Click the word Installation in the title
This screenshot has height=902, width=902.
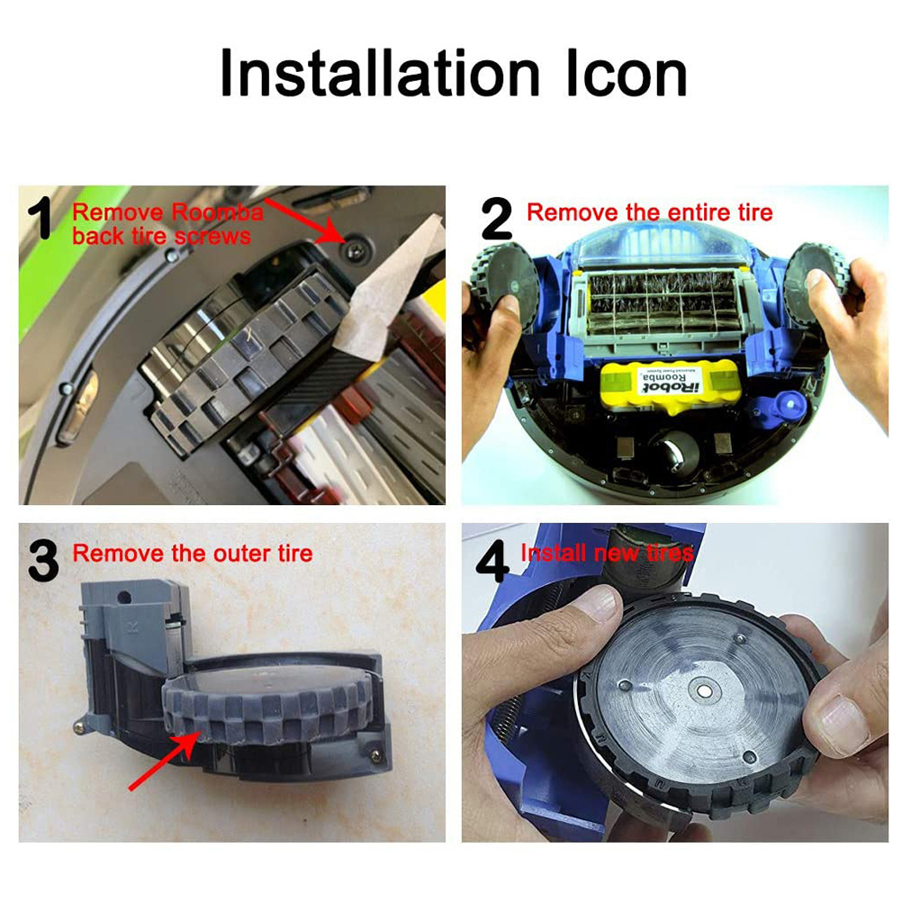pos(380,73)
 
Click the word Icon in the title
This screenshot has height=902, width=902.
pos(627,73)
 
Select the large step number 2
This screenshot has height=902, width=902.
pos(496,218)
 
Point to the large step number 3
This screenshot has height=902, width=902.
pos(43,560)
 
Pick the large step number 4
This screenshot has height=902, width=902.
pos(493,561)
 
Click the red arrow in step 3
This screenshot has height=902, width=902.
pos(165,761)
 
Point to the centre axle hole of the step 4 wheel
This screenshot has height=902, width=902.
pos(702,690)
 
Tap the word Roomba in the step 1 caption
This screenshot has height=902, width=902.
pos(218,212)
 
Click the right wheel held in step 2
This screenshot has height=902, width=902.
pos(816,282)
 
